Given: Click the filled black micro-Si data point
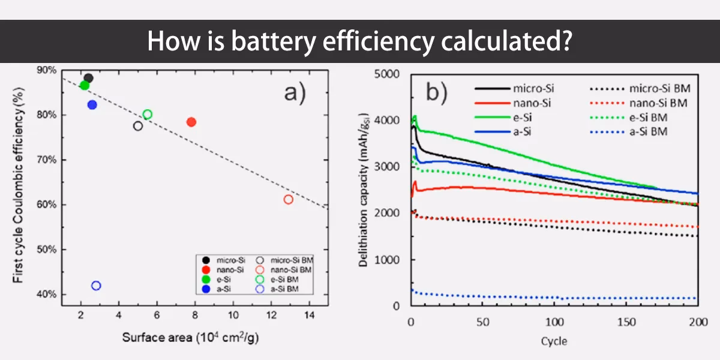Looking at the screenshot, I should [x=88, y=78].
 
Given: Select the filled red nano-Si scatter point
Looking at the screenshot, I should [x=191, y=122].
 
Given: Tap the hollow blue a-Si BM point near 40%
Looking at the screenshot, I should [x=96, y=286].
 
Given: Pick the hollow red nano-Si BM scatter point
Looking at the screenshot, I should [x=289, y=199].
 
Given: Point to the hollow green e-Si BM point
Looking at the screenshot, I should [x=148, y=115].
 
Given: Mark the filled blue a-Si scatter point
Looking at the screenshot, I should [x=92, y=105].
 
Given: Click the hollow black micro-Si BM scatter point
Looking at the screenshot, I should [x=138, y=126].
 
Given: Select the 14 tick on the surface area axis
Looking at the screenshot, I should [x=310, y=316].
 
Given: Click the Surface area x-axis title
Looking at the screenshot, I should [x=191, y=337].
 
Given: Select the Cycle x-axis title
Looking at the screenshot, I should [x=554, y=341].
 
